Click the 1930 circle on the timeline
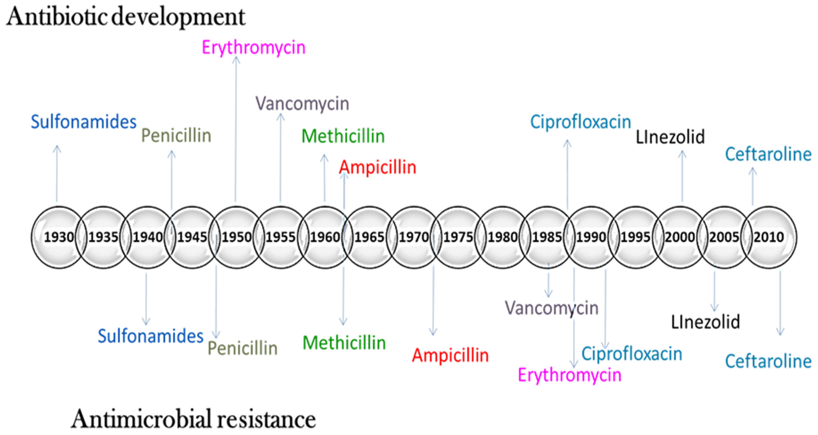tap(59, 237)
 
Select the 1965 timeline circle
tap(369, 237)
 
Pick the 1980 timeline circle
tap(502, 237)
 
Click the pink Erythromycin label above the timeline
tap(253, 48)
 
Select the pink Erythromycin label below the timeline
tap(569, 375)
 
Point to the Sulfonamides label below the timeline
tap(151, 336)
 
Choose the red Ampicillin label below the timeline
tap(450, 355)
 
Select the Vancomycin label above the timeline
tap(302, 104)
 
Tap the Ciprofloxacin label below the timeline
tap(632, 354)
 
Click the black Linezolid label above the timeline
tap(670, 137)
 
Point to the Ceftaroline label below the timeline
tap(768, 361)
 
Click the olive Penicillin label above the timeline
tap(176, 136)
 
